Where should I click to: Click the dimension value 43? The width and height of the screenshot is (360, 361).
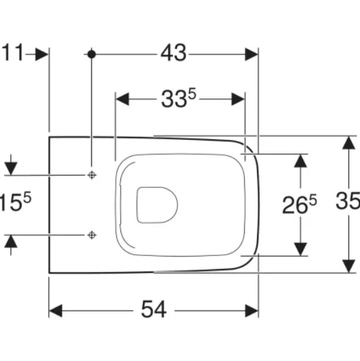pyautogui.click(x=174, y=53)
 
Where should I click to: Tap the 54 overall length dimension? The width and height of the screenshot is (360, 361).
pyautogui.click(x=153, y=309)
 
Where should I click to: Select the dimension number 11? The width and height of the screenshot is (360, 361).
pyautogui.click(x=13, y=52)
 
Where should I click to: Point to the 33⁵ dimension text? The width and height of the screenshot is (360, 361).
pyautogui.click(x=179, y=98)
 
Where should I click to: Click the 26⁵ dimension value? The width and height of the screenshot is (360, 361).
pyautogui.click(x=299, y=204)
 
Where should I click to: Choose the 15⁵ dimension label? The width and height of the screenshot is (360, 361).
pyautogui.click(x=16, y=202)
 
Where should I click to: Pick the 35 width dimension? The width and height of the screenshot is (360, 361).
pyautogui.click(x=348, y=200)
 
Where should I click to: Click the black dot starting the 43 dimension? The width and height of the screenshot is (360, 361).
pyautogui.click(x=91, y=54)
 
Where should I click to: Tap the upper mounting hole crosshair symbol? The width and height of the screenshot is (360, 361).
pyautogui.click(x=92, y=175)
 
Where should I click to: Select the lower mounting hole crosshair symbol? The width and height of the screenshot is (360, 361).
pyautogui.click(x=92, y=235)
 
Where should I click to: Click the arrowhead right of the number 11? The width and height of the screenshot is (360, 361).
pyautogui.click(x=42, y=54)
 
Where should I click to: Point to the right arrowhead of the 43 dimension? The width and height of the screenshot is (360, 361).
pyautogui.click(x=251, y=54)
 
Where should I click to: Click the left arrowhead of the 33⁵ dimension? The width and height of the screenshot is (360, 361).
pyautogui.click(x=122, y=99)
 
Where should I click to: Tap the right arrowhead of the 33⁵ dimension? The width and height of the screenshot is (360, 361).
pyautogui.click(x=238, y=99)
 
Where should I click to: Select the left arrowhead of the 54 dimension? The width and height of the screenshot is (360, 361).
pyautogui.click(x=56, y=310)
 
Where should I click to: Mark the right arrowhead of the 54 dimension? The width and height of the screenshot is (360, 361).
pyautogui.click(x=252, y=310)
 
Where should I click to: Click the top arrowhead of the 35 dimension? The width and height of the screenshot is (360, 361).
pyautogui.click(x=349, y=143)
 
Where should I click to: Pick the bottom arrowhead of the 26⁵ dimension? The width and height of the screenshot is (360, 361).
pyautogui.click(x=300, y=250)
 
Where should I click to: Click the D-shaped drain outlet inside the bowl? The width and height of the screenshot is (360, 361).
pyautogui.click(x=157, y=205)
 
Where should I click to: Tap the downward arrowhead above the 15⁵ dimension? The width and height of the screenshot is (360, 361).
pyautogui.click(x=11, y=169)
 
